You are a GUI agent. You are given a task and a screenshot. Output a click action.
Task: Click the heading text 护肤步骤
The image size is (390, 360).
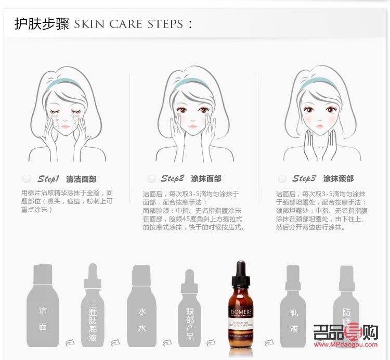pos(42,24)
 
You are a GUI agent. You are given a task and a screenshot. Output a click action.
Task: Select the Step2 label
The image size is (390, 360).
pos(172,179)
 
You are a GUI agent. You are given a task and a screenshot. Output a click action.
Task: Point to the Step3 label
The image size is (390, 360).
pos(304,179)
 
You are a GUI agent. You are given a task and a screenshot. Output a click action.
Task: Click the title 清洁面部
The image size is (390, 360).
pos(81,179)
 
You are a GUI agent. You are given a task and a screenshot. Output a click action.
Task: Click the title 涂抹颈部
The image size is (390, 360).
pos(338,179)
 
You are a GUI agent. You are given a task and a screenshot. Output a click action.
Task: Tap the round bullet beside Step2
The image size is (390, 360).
pos(151,179)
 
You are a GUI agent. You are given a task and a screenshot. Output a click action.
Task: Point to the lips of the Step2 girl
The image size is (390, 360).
pos(192,126)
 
